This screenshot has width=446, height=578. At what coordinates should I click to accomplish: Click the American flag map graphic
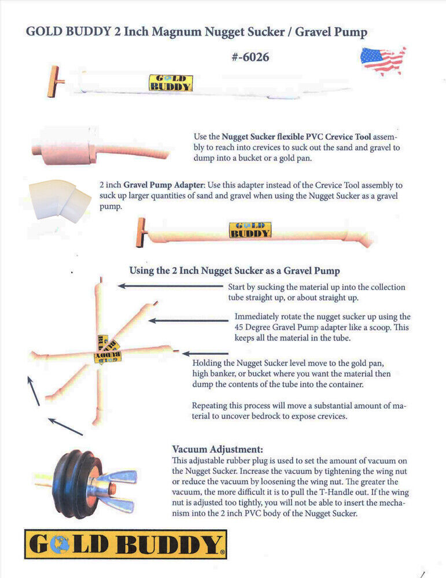(383, 61)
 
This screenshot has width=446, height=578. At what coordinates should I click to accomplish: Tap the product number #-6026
(250, 57)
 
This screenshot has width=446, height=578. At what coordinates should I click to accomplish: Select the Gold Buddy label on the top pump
(171, 83)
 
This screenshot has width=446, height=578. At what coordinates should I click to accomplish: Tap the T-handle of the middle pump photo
(142, 232)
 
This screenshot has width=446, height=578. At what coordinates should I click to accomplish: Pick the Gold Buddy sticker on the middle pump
(250, 230)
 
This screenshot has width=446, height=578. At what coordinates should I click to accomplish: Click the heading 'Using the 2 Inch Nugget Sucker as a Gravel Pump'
(234, 271)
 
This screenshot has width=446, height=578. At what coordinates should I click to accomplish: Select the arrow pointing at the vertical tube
(171, 286)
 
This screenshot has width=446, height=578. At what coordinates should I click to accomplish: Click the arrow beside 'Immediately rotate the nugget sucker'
(189, 321)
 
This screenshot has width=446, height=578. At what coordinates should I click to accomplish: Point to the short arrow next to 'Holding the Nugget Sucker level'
(205, 354)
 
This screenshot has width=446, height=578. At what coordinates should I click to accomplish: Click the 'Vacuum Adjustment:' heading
(218, 449)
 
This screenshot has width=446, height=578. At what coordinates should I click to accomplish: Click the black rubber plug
(78, 484)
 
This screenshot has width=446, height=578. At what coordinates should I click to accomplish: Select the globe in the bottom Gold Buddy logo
(60, 544)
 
